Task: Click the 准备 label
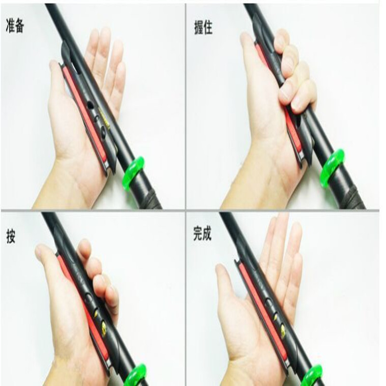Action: click(14, 26)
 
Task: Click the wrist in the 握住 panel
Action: click(251, 188)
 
